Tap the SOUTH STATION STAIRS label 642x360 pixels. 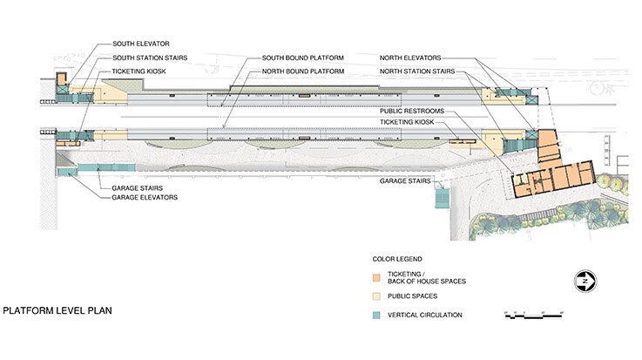150,57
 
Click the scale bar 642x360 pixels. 534,314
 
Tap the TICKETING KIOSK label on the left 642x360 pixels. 139,70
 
